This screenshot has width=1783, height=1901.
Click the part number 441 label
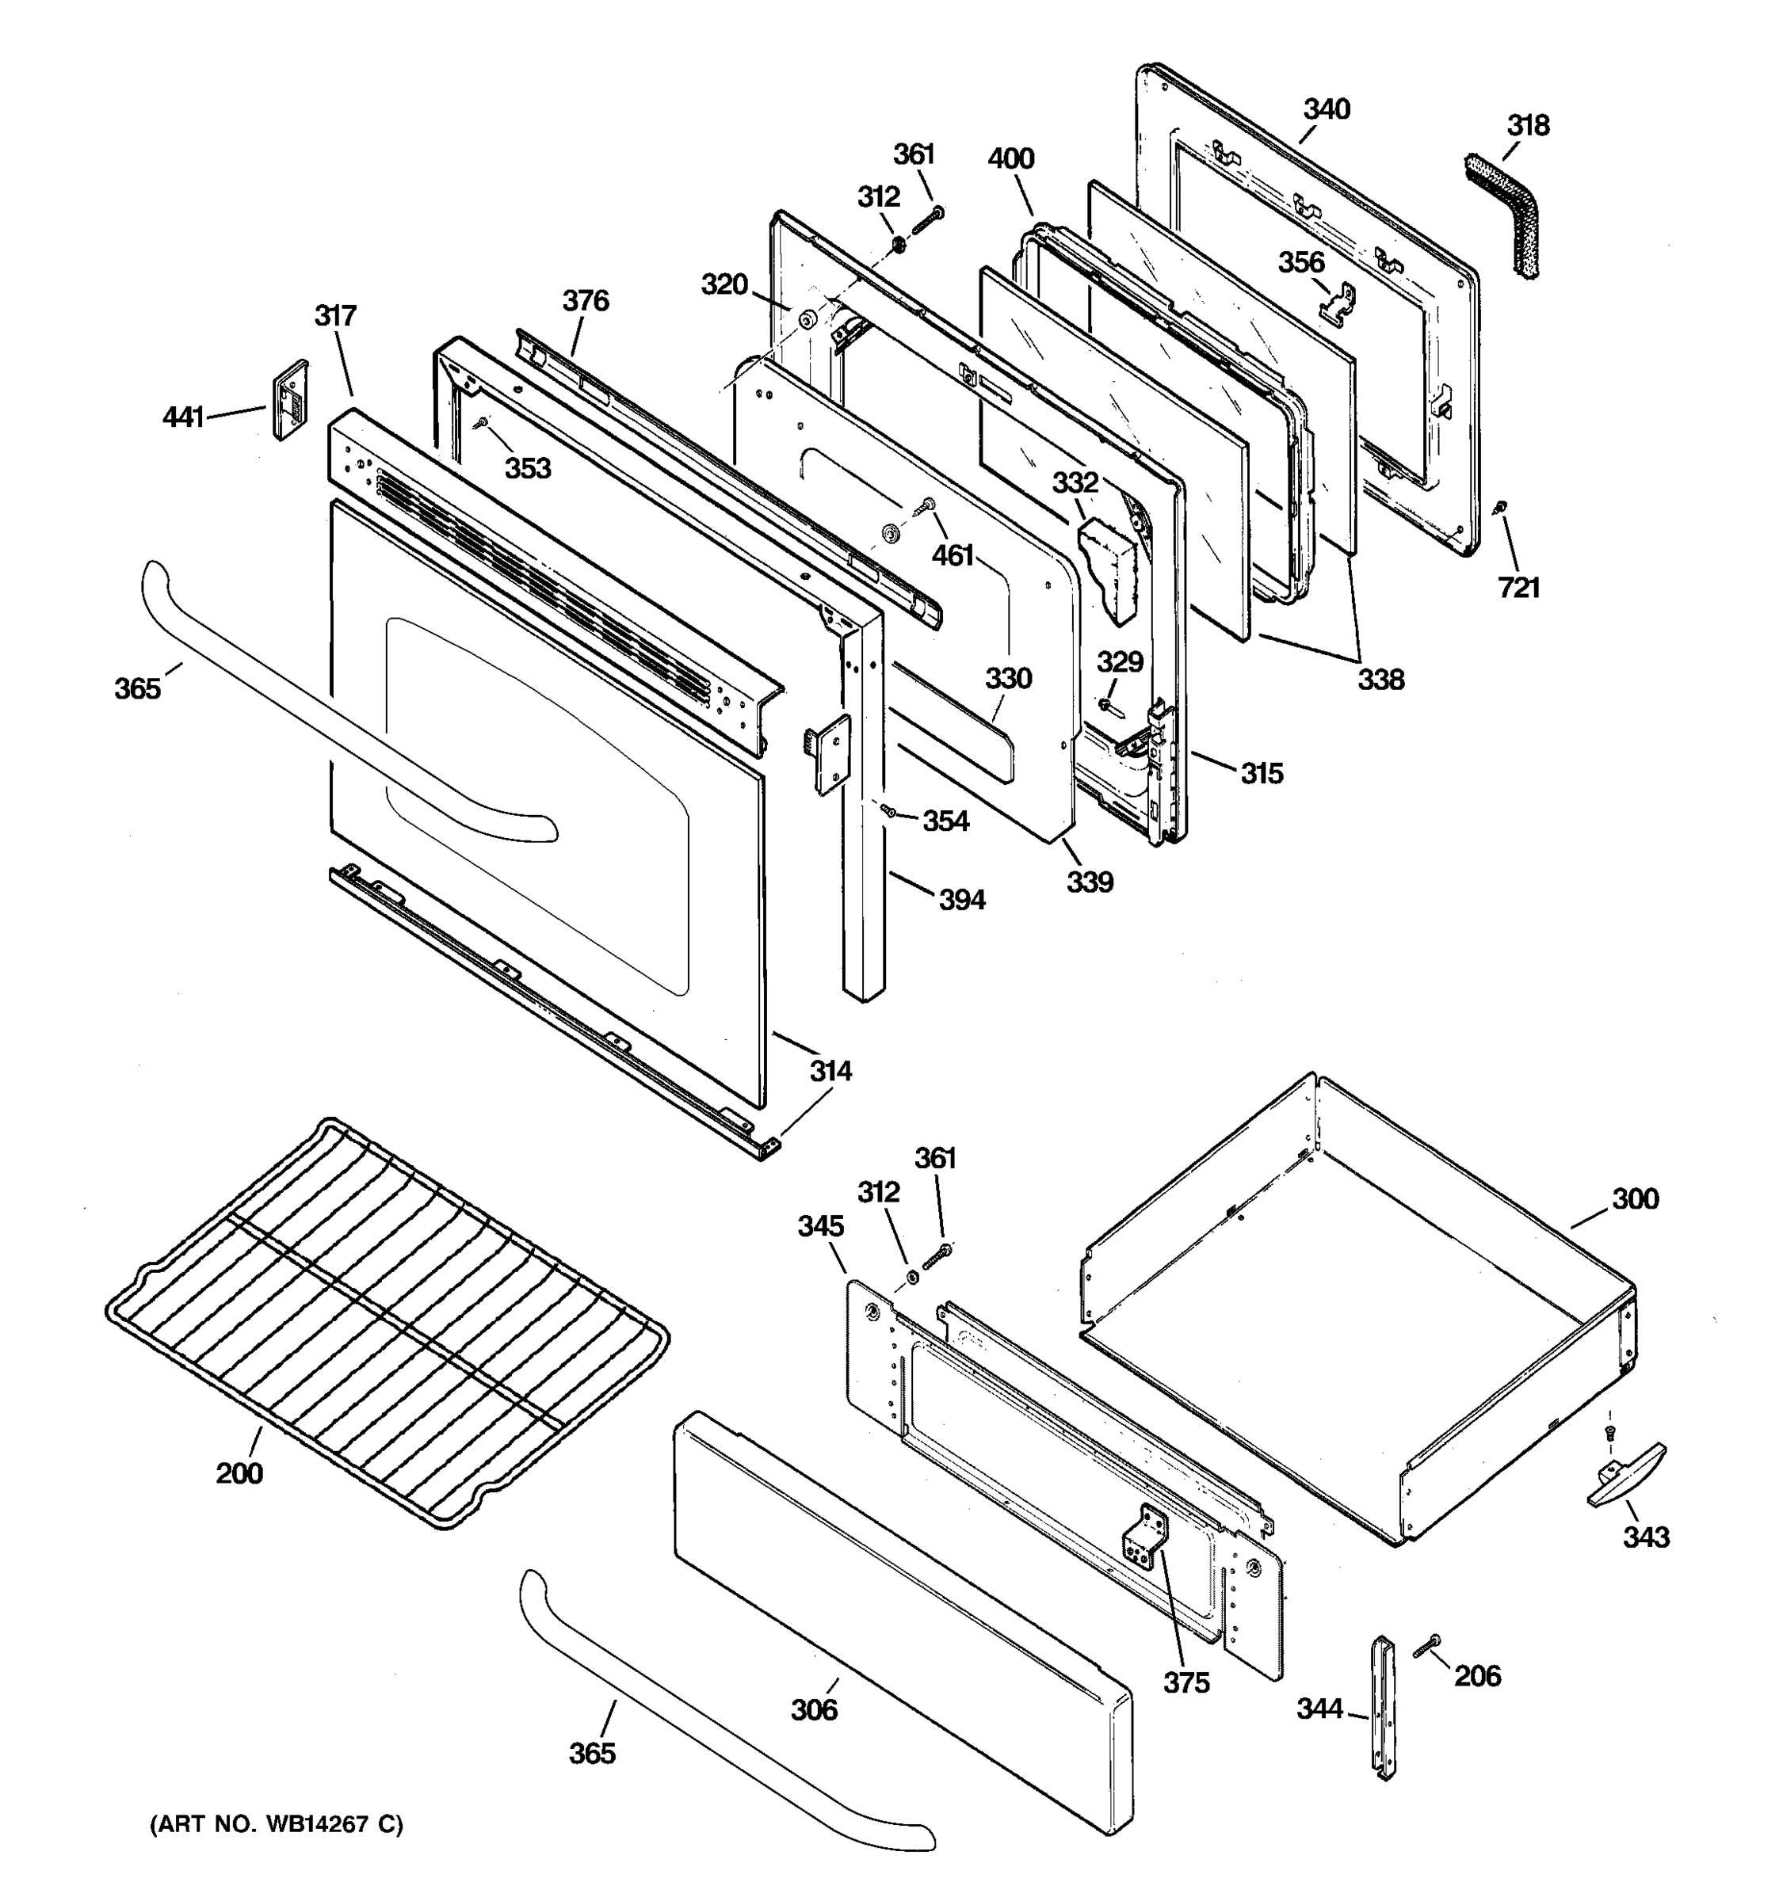point(183,417)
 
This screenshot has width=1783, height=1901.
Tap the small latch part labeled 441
point(291,400)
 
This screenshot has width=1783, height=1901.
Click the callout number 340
point(1327,109)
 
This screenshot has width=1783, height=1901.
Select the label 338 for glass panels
point(1380,680)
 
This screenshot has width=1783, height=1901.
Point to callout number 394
point(961,900)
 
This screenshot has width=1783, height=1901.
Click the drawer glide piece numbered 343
point(1626,1480)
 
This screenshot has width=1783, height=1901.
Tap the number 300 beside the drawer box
point(1635,1199)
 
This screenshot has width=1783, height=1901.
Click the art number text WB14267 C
point(277,1824)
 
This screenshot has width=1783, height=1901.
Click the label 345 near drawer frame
point(821,1226)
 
